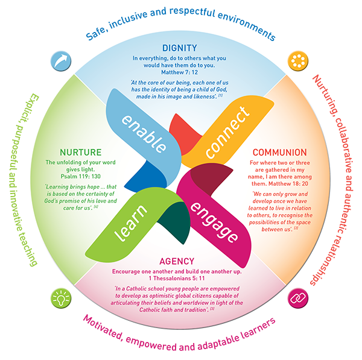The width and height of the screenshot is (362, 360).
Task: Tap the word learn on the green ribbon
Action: pos(142,222)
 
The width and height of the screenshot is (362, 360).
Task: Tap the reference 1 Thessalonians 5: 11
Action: pos(179,279)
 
